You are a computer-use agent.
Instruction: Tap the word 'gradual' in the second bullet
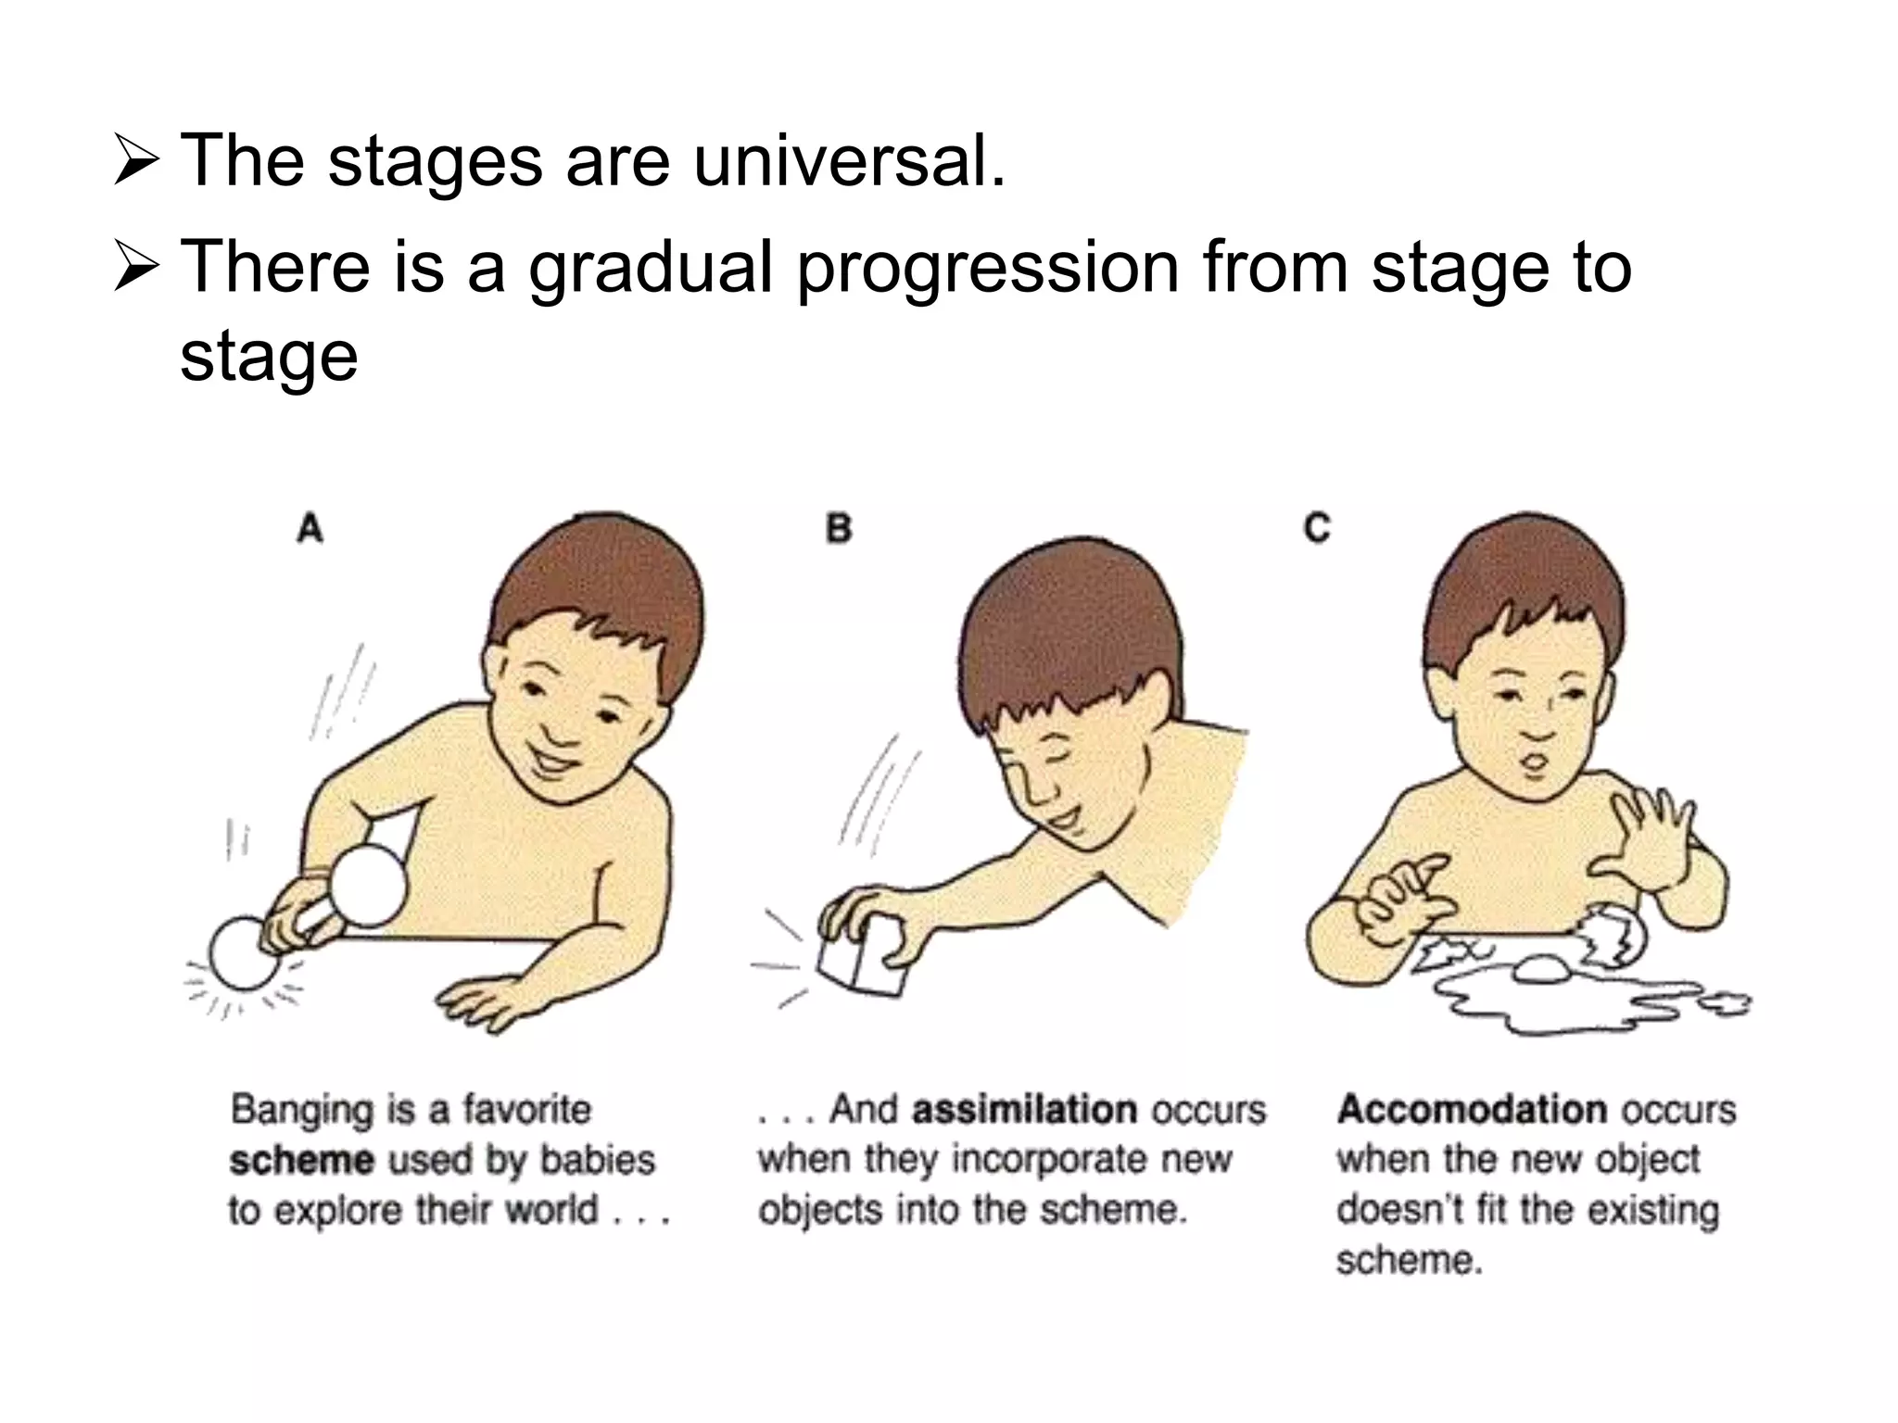651,269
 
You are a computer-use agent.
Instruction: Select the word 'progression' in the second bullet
987,269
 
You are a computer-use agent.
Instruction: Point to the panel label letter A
310,529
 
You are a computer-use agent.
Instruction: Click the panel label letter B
838,529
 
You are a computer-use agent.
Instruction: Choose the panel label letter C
1316,528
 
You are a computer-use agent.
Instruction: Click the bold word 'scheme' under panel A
301,1160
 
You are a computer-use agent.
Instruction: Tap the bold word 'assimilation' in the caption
1024,1109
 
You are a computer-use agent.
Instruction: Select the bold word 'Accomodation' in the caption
1471,1109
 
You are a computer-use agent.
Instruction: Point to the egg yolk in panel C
1539,970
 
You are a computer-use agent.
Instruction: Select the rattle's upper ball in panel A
368,885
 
